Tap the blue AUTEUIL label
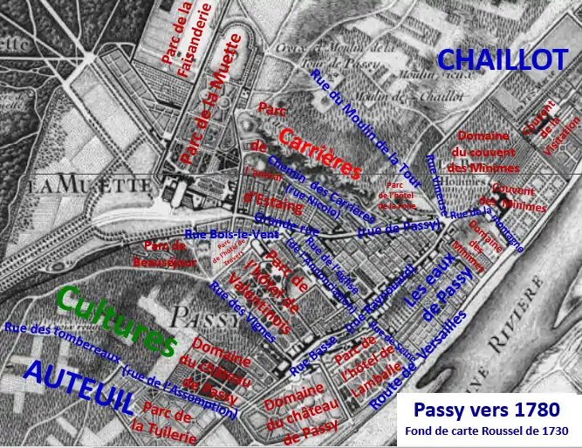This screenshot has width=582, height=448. [x=79, y=385]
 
